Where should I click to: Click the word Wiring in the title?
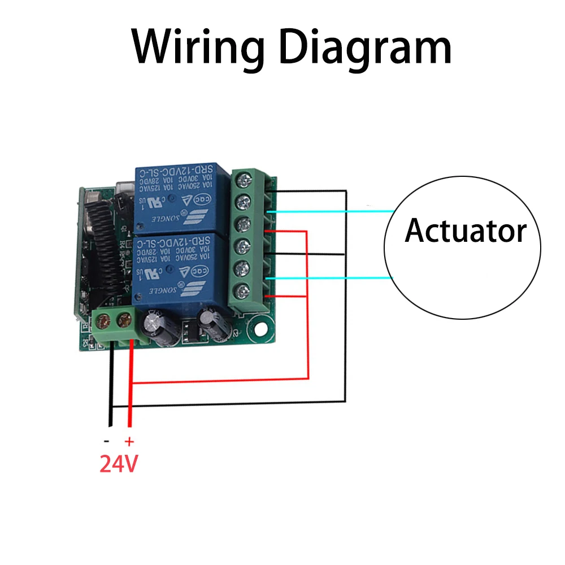pyautogui.click(x=194, y=49)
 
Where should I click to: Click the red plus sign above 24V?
pyautogui.click(x=129, y=441)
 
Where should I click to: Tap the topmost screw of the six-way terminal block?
pyautogui.click(x=244, y=179)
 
